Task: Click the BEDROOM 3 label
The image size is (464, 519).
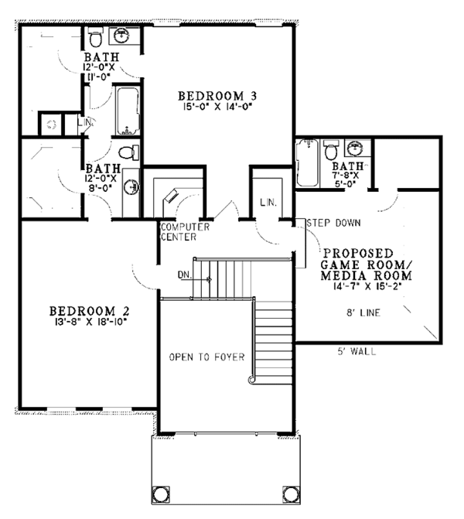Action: tap(217, 96)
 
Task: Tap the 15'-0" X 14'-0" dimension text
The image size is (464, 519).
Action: tap(217, 108)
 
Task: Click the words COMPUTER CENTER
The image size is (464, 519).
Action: tap(179, 231)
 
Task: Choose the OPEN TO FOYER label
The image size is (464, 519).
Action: tap(206, 357)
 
